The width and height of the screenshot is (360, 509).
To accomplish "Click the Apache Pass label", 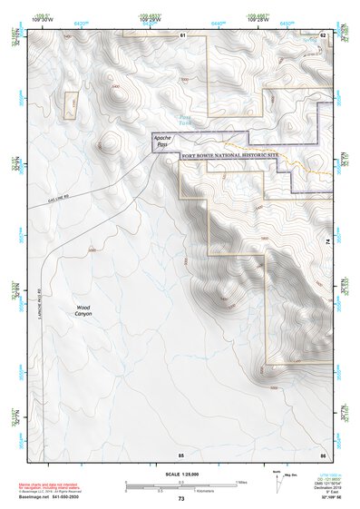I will coord(162,142).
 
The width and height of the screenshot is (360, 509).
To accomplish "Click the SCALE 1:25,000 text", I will coord(180,474).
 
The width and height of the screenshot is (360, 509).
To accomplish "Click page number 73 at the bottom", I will coord(181,499).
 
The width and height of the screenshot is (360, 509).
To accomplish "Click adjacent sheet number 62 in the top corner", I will coord(323,34).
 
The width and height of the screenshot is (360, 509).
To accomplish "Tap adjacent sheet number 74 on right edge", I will coord(327,241).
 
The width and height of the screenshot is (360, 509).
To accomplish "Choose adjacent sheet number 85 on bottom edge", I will coord(181,453).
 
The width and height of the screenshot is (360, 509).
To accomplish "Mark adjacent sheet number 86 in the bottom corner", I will coord(323,453).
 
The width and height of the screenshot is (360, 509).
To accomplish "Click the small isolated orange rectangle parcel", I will coord(72,103).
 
